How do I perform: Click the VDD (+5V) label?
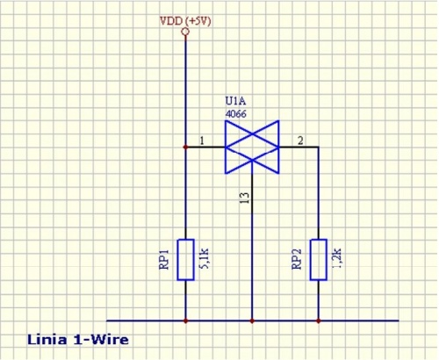[x=185, y=21]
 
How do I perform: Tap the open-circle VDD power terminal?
[x=185, y=32]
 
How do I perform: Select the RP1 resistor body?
[x=185, y=260]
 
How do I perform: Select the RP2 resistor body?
[x=319, y=260]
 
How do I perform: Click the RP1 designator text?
[x=164, y=259]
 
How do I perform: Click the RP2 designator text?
[x=297, y=259]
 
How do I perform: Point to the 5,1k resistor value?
[x=204, y=259]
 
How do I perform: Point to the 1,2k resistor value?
[x=337, y=259]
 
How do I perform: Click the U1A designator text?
[x=235, y=101]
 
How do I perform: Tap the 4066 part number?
[x=235, y=114]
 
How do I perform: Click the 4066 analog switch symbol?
[x=252, y=147]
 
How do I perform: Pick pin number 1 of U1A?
[x=202, y=140]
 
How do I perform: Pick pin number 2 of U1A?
[x=300, y=140]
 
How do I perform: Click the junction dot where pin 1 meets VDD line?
[x=185, y=147]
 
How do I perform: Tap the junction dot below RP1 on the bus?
[x=185, y=320]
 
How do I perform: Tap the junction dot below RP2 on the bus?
[x=319, y=320]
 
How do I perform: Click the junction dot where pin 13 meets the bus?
[x=252, y=320]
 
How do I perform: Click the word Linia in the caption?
[x=47, y=340]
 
